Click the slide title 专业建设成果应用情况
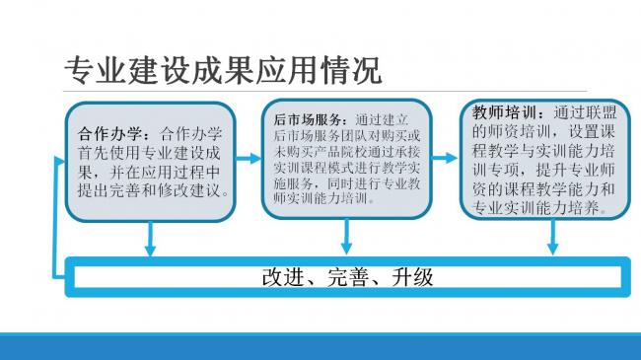click(222, 71)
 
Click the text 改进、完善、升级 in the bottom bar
click(347, 276)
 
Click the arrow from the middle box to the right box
click(448, 157)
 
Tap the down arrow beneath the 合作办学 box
click(150, 239)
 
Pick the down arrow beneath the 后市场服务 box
click(346, 237)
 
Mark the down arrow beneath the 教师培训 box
click(552, 237)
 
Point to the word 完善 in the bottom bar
click(347, 276)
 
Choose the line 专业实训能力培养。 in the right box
click(540, 208)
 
